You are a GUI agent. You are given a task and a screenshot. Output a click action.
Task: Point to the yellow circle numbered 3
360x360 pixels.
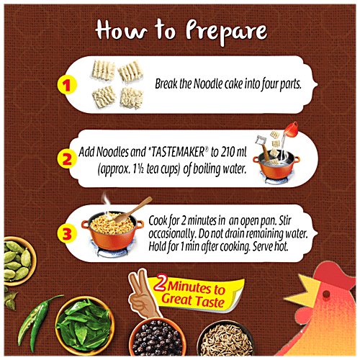[x=67, y=233]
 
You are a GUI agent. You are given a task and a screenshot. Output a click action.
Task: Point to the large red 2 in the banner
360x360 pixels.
[x=163, y=282]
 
